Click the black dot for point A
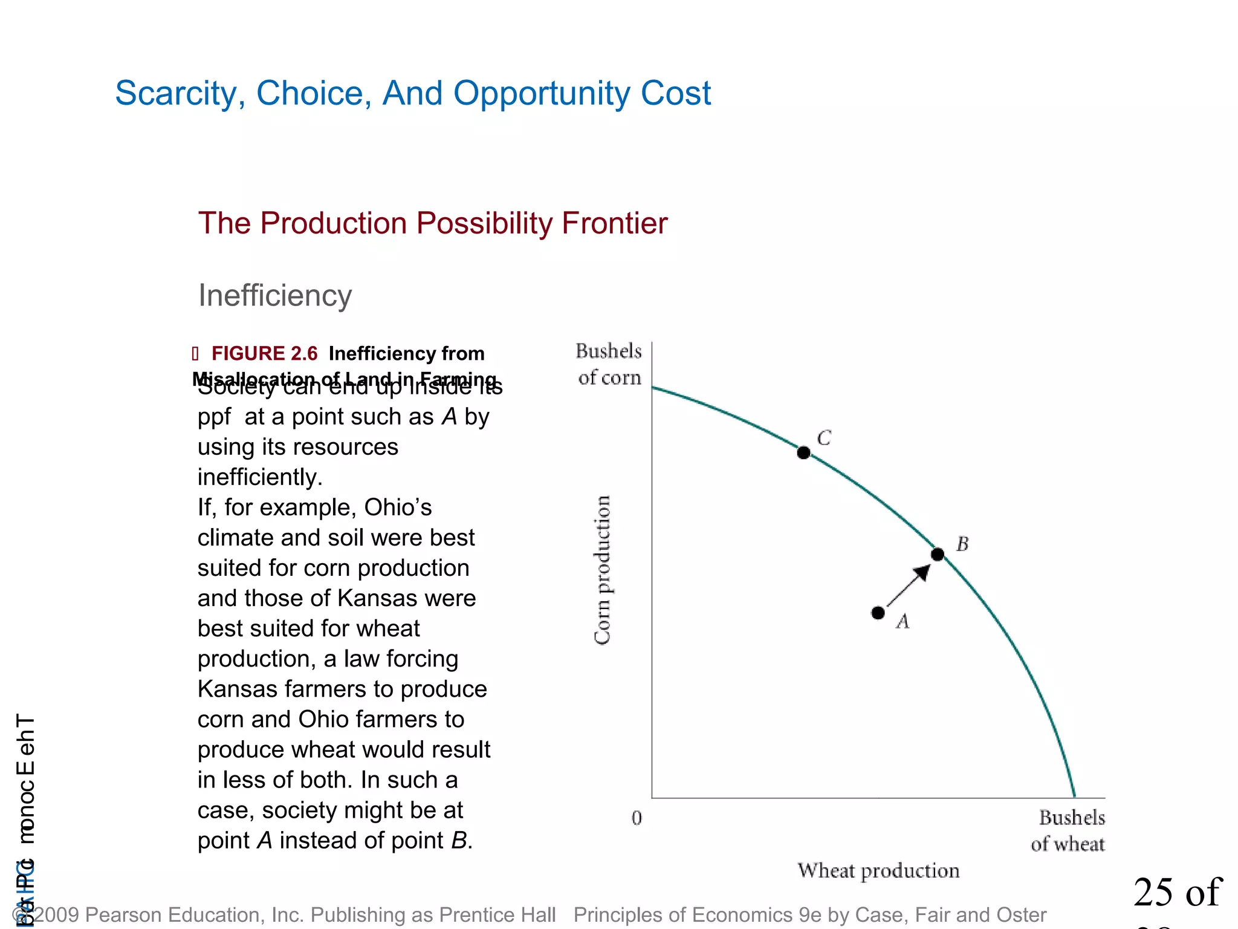878,613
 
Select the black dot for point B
938,554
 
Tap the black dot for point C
803,452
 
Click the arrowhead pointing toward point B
922,571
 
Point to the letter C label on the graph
824,437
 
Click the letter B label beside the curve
962,544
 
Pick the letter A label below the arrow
903,621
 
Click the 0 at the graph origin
637,818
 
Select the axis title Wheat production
878,870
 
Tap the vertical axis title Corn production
602,570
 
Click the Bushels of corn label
609,364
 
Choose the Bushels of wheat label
1069,830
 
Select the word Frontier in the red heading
615,223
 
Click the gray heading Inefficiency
275,296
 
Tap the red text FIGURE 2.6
264,353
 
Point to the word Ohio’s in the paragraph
398,507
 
